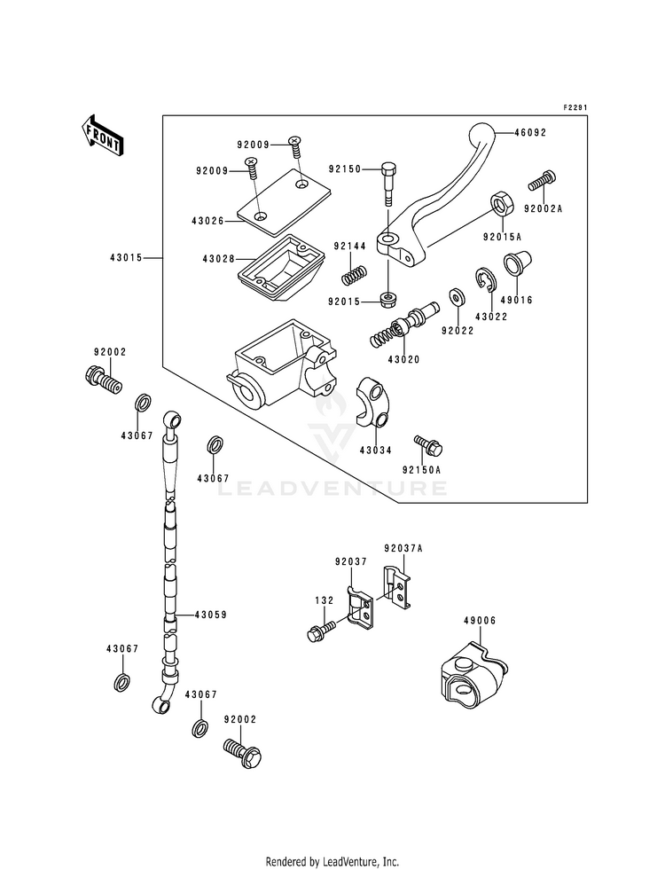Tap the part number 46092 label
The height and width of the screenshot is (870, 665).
[x=530, y=133]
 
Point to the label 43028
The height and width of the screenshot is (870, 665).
[x=218, y=259]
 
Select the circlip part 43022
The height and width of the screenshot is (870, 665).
[x=486, y=279]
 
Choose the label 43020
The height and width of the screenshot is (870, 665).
[x=403, y=359]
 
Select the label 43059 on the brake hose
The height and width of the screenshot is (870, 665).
[x=210, y=615]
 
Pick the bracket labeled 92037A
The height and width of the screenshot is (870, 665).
[x=397, y=589]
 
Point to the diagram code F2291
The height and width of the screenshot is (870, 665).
[x=575, y=107]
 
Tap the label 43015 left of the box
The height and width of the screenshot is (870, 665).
[x=126, y=257]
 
